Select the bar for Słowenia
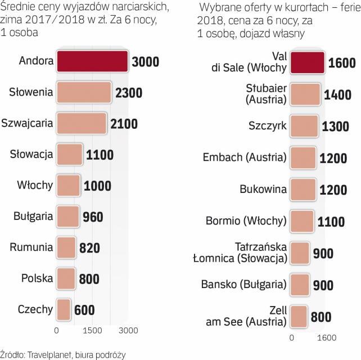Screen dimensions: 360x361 pyautogui.click(x=84, y=93)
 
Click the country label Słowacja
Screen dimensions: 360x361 pyautogui.click(x=32, y=154)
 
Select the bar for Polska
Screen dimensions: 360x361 pyautogui.click(x=66, y=278)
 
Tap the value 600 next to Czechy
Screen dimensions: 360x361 pyautogui.click(x=83, y=309)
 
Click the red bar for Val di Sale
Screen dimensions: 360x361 pyautogui.click(x=308, y=62)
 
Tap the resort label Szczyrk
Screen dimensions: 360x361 pyautogui.click(x=267, y=126)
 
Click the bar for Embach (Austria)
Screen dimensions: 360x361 pyautogui.click(x=304, y=157)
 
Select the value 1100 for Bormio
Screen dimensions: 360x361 pyautogui.click(x=331, y=222)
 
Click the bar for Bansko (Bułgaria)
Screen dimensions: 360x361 pyautogui.click(x=300, y=285)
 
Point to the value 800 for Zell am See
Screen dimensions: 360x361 pyautogui.click(x=321, y=317)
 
